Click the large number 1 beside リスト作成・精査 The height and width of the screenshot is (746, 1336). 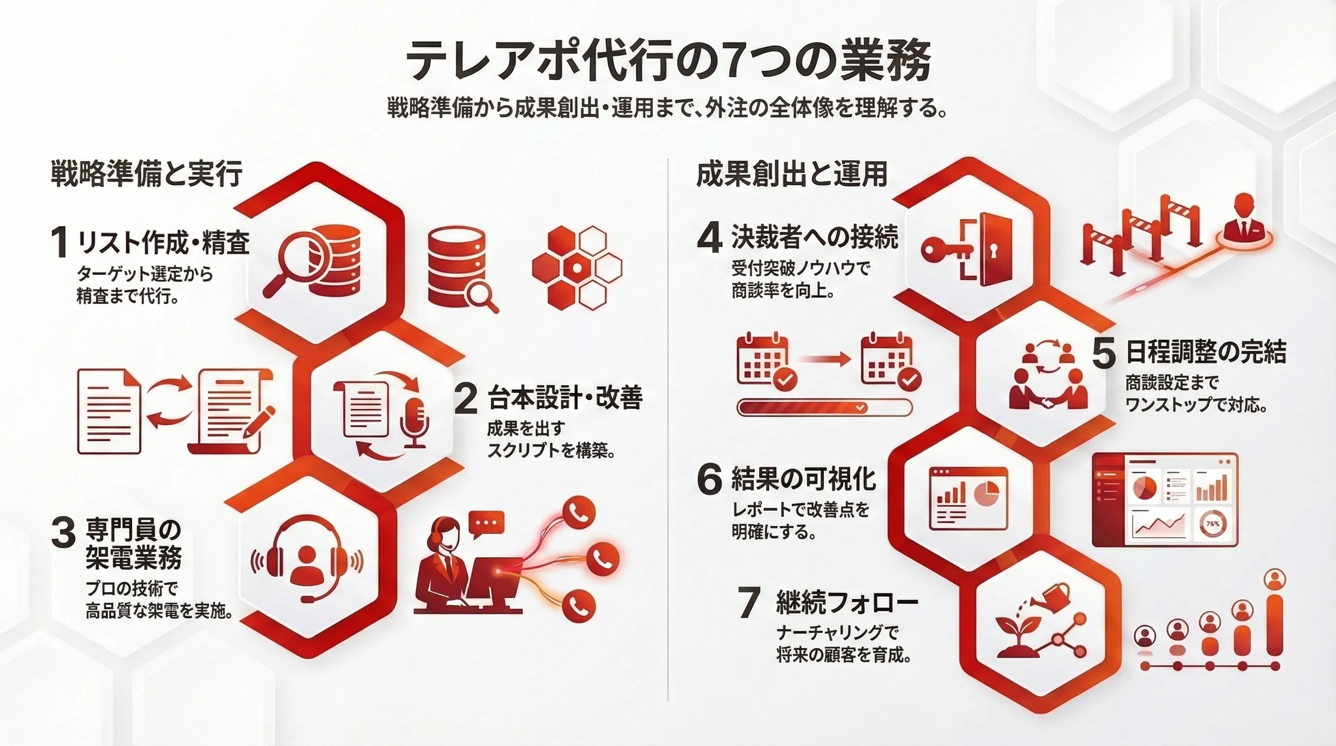(x=60, y=242)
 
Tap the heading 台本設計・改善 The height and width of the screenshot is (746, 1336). (x=565, y=398)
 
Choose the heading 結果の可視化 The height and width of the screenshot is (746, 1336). (x=803, y=478)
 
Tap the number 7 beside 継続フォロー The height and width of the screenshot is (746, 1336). (x=750, y=603)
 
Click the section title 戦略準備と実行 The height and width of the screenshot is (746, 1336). (x=147, y=174)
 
